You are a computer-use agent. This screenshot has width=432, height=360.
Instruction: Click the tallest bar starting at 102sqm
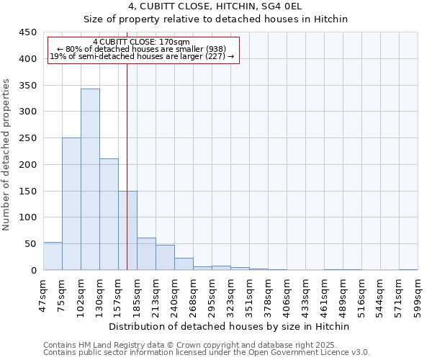tap(90, 180)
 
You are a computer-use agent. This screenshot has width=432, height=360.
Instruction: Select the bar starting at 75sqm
tap(71, 204)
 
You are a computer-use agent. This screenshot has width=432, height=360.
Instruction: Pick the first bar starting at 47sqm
tap(53, 256)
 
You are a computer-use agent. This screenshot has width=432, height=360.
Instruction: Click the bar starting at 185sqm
tap(146, 254)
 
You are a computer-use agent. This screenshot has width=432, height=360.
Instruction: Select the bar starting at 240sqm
tap(184, 264)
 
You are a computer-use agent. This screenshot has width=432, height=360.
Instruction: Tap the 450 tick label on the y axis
tap(27, 32)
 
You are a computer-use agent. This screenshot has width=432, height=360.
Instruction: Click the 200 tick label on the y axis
tap(27, 165)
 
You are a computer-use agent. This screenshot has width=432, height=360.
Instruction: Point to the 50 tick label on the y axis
tap(30, 244)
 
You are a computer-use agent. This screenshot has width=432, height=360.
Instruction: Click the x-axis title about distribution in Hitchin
tap(230, 326)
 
